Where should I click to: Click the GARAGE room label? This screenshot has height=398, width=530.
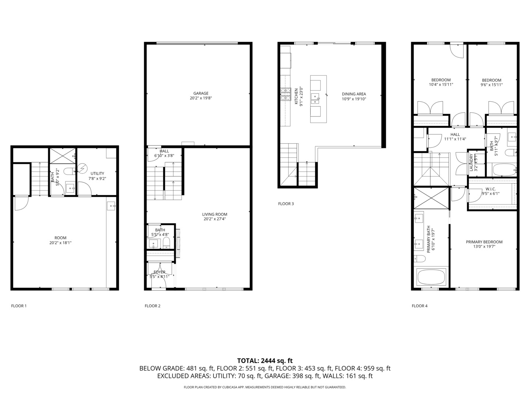tap(201, 93)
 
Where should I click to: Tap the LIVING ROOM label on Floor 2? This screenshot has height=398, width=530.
tap(215, 214)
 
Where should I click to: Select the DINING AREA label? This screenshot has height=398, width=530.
tap(354, 94)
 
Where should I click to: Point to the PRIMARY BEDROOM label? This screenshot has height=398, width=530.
tap(484, 242)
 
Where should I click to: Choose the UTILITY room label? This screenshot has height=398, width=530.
tap(97, 174)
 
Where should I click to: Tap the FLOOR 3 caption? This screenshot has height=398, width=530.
tap(286, 204)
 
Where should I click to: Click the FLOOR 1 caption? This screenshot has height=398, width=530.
tap(19, 306)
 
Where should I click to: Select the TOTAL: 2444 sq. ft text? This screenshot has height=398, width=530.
tap(265, 361)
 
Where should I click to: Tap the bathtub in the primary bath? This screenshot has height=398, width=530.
tap(431, 276)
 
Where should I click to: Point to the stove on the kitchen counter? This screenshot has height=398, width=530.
tap(286, 94)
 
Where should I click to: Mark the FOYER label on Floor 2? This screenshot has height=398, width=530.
tap(159, 272)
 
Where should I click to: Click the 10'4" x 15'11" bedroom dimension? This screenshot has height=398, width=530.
tap(441, 84)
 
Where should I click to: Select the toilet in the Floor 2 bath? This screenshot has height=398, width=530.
tap(166, 242)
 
